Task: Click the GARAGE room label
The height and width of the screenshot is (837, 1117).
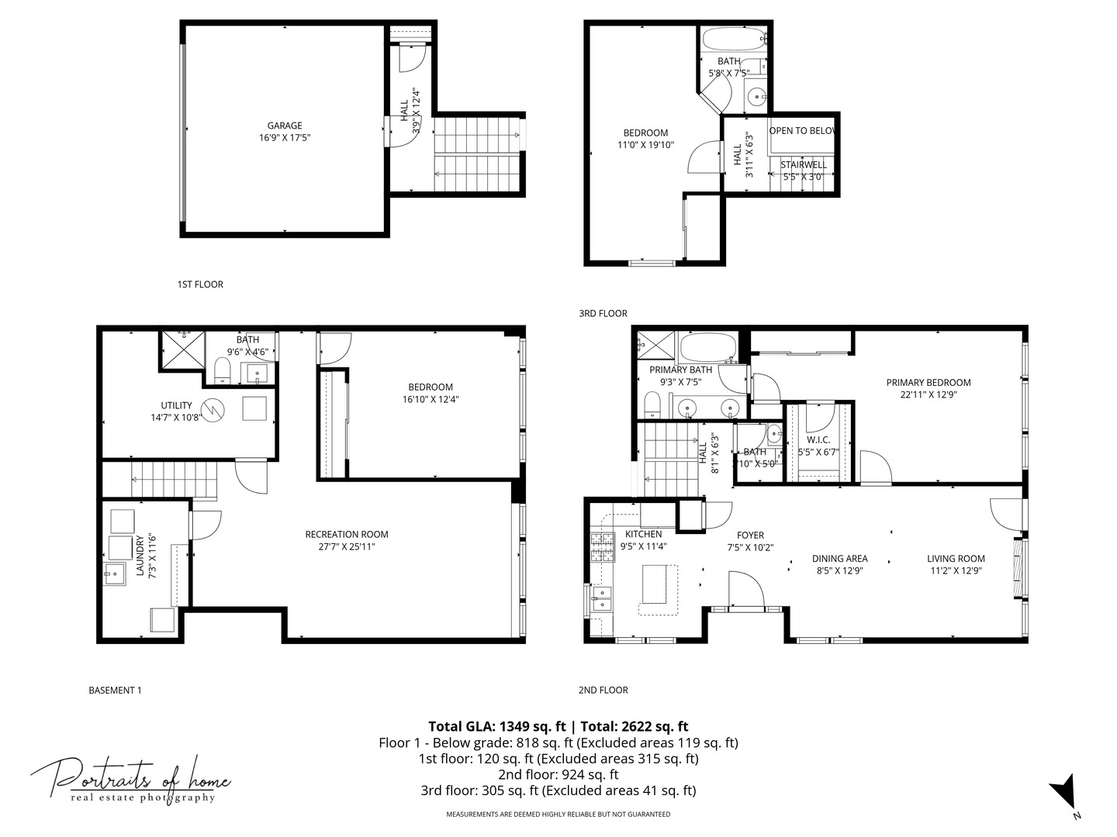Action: pos(285,126)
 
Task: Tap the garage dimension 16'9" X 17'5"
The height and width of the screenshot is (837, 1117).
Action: pos(285,138)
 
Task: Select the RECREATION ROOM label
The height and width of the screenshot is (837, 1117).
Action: pos(347,534)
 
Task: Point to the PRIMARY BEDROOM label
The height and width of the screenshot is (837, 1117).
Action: pos(929,382)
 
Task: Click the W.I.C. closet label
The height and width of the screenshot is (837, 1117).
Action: pos(818,439)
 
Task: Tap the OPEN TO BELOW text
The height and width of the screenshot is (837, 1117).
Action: pos(802,130)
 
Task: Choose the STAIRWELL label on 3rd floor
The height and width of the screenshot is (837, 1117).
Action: pos(803,164)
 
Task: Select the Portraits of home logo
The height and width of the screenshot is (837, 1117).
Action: pos(130,779)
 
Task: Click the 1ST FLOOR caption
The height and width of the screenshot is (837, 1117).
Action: pos(200,284)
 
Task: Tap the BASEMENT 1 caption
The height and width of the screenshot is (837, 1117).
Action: pos(116,690)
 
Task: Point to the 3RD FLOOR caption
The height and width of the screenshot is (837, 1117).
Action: pos(603,313)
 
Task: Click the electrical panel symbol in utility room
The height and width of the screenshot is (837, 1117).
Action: pos(212,408)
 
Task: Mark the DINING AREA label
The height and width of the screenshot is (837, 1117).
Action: pos(839,558)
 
